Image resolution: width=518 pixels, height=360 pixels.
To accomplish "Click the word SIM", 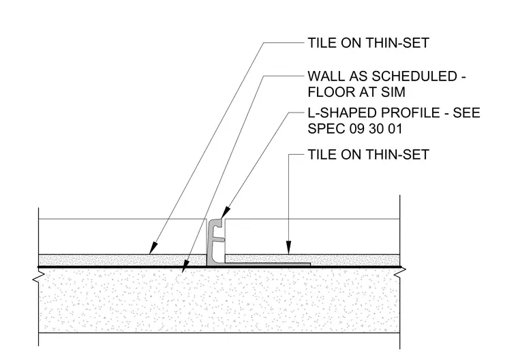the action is point(393,92).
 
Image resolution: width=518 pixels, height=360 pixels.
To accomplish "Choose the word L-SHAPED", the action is point(342,113).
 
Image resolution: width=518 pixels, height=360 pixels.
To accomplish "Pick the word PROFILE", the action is point(411,113).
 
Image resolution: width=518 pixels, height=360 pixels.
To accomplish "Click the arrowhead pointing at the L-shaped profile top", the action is point(225,212).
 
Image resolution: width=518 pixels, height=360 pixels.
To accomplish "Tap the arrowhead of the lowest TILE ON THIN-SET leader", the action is point(288,247).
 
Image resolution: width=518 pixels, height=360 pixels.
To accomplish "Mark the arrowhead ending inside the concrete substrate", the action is point(185,267).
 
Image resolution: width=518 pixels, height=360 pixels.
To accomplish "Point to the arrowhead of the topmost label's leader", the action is point(153,248).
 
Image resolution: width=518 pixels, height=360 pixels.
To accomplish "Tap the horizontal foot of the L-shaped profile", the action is point(268,265).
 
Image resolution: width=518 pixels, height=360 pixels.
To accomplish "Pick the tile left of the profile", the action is point(123,237).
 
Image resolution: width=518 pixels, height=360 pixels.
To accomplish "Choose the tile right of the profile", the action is point(313,237).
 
